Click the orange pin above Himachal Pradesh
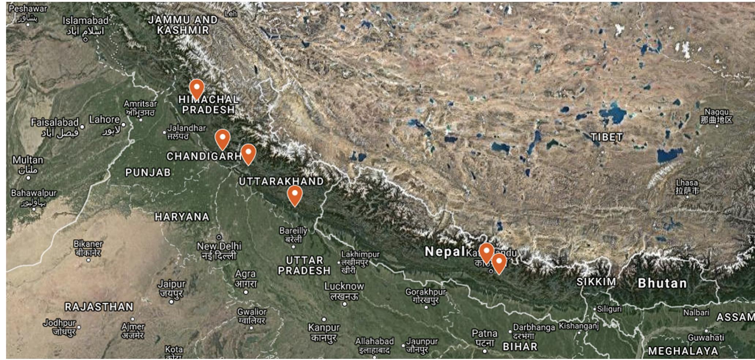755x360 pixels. (x=196, y=89)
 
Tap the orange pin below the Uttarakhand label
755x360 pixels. (x=294, y=195)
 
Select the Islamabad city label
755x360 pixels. (x=85, y=21)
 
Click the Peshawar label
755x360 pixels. (x=28, y=8)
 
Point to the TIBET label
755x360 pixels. (x=606, y=137)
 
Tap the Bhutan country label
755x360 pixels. (x=662, y=283)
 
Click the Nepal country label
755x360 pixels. (x=444, y=251)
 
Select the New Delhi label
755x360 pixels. (x=219, y=246)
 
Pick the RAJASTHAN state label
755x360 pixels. (x=99, y=307)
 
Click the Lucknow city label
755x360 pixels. (x=344, y=286)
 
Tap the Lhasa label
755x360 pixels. (x=687, y=183)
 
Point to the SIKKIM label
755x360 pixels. (x=596, y=282)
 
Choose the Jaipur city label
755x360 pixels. (x=172, y=284)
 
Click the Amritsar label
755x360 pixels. (x=140, y=104)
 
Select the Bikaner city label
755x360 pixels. (x=88, y=244)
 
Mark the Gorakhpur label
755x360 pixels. (x=425, y=292)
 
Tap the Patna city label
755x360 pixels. (x=484, y=333)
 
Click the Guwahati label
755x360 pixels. (x=706, y=337)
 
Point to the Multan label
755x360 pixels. (x=28, y=160)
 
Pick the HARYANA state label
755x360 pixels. (x=182, y=217)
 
